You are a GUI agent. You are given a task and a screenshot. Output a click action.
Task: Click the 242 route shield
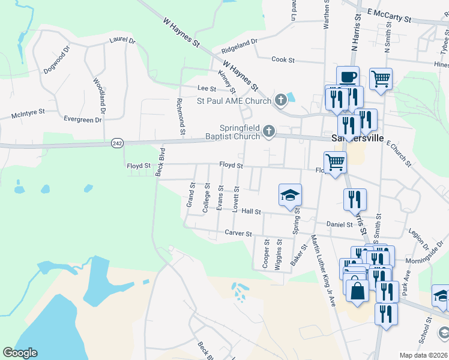116,143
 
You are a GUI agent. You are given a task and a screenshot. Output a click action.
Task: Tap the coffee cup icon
348,77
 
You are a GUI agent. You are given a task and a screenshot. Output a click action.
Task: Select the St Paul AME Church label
235,100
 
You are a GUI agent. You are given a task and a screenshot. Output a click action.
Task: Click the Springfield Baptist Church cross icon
270,131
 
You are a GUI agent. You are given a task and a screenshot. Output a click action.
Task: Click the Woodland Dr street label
99,95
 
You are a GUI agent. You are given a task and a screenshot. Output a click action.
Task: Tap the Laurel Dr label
122,40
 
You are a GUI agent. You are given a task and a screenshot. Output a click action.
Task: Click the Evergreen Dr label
74,119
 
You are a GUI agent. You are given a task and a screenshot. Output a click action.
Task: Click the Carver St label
237,232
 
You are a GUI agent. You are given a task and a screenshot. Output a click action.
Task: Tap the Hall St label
252,211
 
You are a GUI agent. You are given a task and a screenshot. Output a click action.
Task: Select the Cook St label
283,60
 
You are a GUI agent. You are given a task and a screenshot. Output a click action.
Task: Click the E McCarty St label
389,15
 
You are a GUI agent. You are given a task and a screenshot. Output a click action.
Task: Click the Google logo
20,353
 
